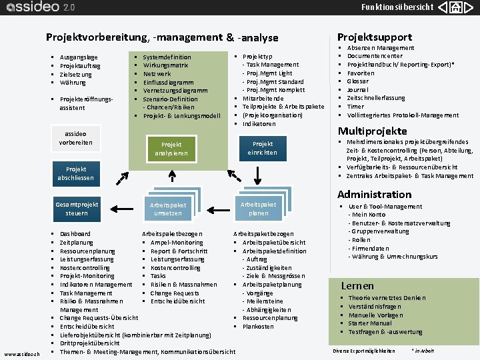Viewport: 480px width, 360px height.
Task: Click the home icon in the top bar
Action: pos(455,8)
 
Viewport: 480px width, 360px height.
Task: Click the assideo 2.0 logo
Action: pos(40,8)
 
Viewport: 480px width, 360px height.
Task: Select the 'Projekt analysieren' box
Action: pos(171,149)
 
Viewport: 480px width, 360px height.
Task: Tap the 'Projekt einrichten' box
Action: pos(263,148)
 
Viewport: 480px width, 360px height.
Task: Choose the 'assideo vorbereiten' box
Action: pos(76,138)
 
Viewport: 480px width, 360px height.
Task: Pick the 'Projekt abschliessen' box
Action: pos(76,173)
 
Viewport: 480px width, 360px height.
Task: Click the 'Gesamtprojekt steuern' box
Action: pos(77,209)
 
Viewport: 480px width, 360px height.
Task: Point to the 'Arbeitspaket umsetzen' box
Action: pos(168,209)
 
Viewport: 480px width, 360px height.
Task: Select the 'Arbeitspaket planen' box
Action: pos(258,208)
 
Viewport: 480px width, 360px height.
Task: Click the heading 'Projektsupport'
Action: pos(375,37)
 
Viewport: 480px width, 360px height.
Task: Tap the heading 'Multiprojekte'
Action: pos(372,131)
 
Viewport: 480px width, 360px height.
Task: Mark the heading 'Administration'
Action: pos(374,195)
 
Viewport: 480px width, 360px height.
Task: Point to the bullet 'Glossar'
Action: pos(357,81)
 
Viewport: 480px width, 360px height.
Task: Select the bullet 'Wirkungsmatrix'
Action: pos(165,65)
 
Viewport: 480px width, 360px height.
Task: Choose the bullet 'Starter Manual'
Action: pos(370,323)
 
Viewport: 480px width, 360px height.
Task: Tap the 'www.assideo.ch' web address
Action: pos(21,353)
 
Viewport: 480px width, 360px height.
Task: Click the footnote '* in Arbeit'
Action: pos(423,351)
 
